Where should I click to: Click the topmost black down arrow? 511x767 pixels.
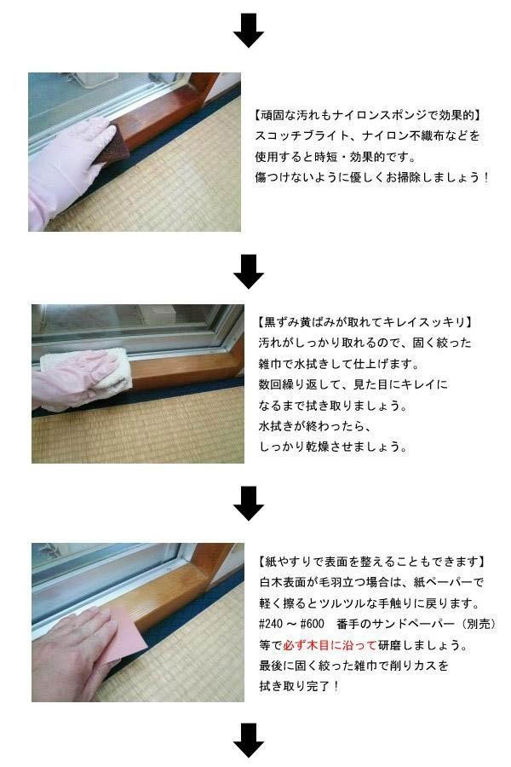[249, 31]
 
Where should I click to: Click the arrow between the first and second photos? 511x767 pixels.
[249, 271]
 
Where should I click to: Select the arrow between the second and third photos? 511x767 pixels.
[249, 504]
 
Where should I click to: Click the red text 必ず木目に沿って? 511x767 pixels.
[330, 645]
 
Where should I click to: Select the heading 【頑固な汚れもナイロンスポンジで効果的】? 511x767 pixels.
[367, 115]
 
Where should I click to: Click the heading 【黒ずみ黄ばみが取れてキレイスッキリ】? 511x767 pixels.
[365, 322]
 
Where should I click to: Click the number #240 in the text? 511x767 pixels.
[272, 624]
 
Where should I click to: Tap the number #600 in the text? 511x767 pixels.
[312, 624]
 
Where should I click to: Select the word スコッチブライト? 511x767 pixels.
[302, 136]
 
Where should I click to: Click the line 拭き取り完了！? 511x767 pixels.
[299, 686]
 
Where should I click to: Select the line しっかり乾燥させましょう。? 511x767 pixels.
[332, 446]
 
